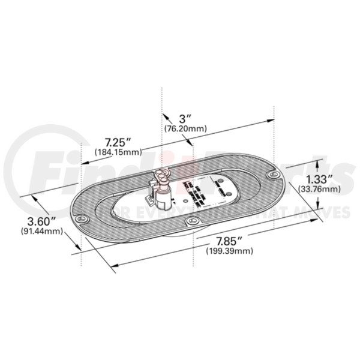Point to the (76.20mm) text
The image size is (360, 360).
coord(185,128)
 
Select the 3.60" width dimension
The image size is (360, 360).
coord(37,220)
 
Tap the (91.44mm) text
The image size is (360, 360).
coord(37,231)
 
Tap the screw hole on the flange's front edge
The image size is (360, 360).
coord(192,222)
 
